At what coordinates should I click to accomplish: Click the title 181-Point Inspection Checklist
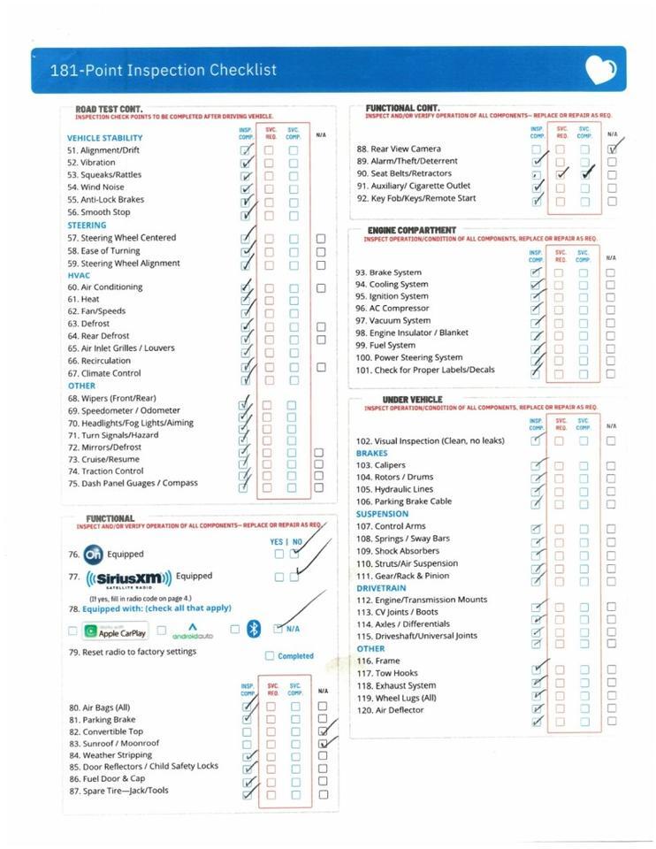163,70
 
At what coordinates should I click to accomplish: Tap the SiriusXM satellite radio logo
129,579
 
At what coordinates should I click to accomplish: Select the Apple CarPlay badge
115,631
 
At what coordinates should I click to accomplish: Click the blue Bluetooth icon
254,629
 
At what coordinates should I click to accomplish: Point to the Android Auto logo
192,631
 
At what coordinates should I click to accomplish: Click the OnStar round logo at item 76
93,555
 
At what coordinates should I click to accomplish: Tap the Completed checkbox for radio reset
270,656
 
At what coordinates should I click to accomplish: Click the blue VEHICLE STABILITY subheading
104,138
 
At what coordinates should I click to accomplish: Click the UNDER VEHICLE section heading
412,400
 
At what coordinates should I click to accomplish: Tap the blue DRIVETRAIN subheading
382,587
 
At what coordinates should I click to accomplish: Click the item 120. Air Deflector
390,710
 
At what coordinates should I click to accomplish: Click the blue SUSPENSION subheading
382,514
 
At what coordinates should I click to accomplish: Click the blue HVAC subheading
79,275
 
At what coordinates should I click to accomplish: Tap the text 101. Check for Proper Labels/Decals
424,370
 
